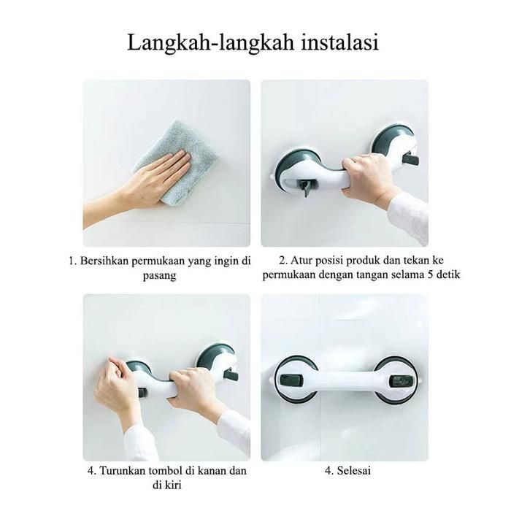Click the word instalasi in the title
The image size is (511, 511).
(339, 42)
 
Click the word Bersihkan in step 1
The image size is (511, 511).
(104, 261)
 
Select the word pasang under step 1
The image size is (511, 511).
(160, 276)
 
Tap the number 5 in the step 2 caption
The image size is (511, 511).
(429, 274)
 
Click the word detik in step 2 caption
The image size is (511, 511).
(447, 274)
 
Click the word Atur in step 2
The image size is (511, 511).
(301, 261)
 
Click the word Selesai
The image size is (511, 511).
(354, 471)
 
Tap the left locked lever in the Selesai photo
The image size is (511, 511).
(291, 379)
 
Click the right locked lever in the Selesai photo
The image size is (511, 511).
(400, 380)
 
